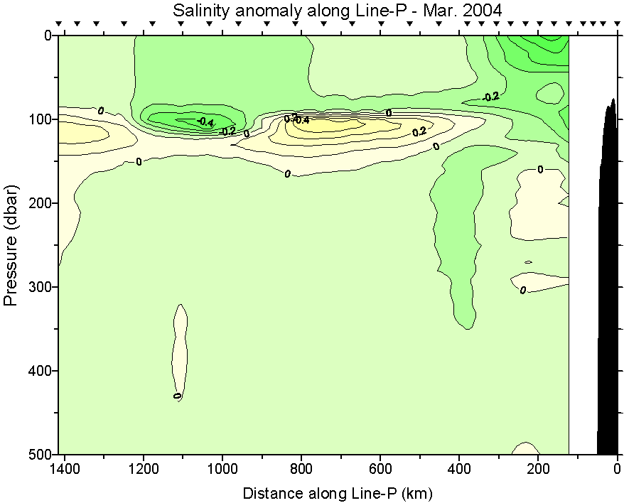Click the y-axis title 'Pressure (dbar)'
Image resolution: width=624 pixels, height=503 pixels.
[11, 245]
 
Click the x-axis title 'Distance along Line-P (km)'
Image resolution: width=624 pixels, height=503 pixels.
[338, 492]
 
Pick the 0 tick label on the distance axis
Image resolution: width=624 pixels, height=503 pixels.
[617, 470]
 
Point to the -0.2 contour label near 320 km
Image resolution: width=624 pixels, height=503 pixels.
[490, 97]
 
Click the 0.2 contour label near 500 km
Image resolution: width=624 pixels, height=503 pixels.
[419, 131]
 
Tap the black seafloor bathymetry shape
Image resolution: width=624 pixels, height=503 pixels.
[608, 284]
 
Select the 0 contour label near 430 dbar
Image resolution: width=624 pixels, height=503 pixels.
[177, 396]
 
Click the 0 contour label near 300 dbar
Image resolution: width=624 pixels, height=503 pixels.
[523, 290]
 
